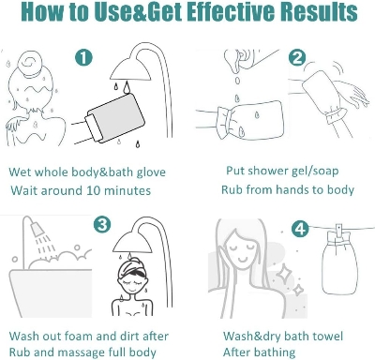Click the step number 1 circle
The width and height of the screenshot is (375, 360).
(x=84, y=57)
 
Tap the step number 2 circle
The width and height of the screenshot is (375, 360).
(x=297, y=58)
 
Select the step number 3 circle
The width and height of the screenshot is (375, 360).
(x=102, y=224)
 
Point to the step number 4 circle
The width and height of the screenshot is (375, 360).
(x=300, y=230)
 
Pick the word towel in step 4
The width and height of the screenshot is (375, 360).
(x=327, y=337)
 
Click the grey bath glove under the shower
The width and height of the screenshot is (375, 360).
(x=114, y=118)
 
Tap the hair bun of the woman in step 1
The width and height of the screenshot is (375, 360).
(x=29, y=64)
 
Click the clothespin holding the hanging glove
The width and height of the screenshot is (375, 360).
(x=338, y=231)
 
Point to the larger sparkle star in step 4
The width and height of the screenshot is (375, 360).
(x=283, y=273)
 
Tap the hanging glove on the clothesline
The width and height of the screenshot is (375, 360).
(x=338, y=264)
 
